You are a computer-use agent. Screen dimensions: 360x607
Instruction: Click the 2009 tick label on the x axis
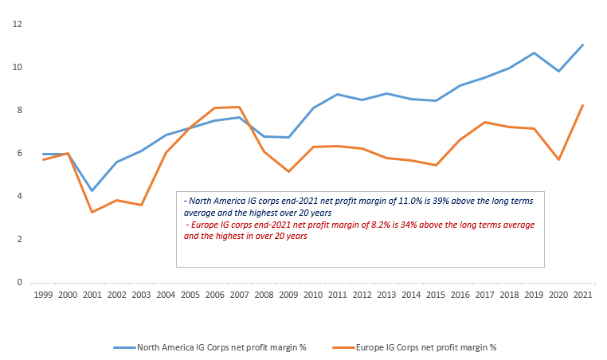[288, 295]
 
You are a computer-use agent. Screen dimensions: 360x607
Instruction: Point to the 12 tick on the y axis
[16, 25]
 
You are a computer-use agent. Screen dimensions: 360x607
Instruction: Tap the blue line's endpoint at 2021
[583, 45]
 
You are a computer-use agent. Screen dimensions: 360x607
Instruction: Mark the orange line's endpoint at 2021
[583, 105]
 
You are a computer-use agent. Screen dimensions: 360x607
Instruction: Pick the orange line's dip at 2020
[558, 159]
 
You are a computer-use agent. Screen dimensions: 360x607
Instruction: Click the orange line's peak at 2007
[239, 107]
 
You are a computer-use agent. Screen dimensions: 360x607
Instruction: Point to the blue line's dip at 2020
[558, 71]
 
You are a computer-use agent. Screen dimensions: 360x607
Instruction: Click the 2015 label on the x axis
[436, 295]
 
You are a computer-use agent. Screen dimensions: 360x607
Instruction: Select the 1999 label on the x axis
[43, 295]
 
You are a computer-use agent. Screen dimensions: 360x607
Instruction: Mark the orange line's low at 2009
[288, 171]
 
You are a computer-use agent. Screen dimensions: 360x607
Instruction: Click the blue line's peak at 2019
[534, 53]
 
